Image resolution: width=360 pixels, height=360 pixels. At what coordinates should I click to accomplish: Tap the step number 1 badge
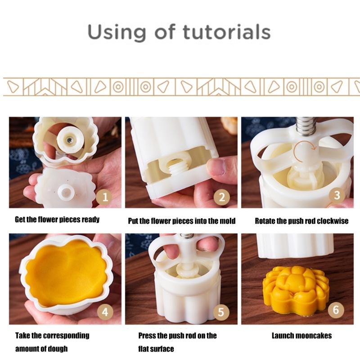click(x=105, y=197)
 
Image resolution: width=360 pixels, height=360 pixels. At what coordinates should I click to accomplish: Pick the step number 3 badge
click(x=337, y=195)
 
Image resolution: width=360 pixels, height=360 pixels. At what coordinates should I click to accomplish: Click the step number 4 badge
click(x=105, y=312)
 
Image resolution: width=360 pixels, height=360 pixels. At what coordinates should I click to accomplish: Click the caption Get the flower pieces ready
click(x=57, y=220)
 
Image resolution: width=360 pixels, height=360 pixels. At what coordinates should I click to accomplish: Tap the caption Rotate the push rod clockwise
click(x=301, y=221)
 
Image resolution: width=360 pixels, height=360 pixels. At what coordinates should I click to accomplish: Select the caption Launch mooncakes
click(x=301, y=336)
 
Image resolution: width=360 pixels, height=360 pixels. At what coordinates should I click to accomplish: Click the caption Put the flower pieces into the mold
click(x=182, y=221)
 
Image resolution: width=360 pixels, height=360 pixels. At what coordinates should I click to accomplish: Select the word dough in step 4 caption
click(x=58, y=349)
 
